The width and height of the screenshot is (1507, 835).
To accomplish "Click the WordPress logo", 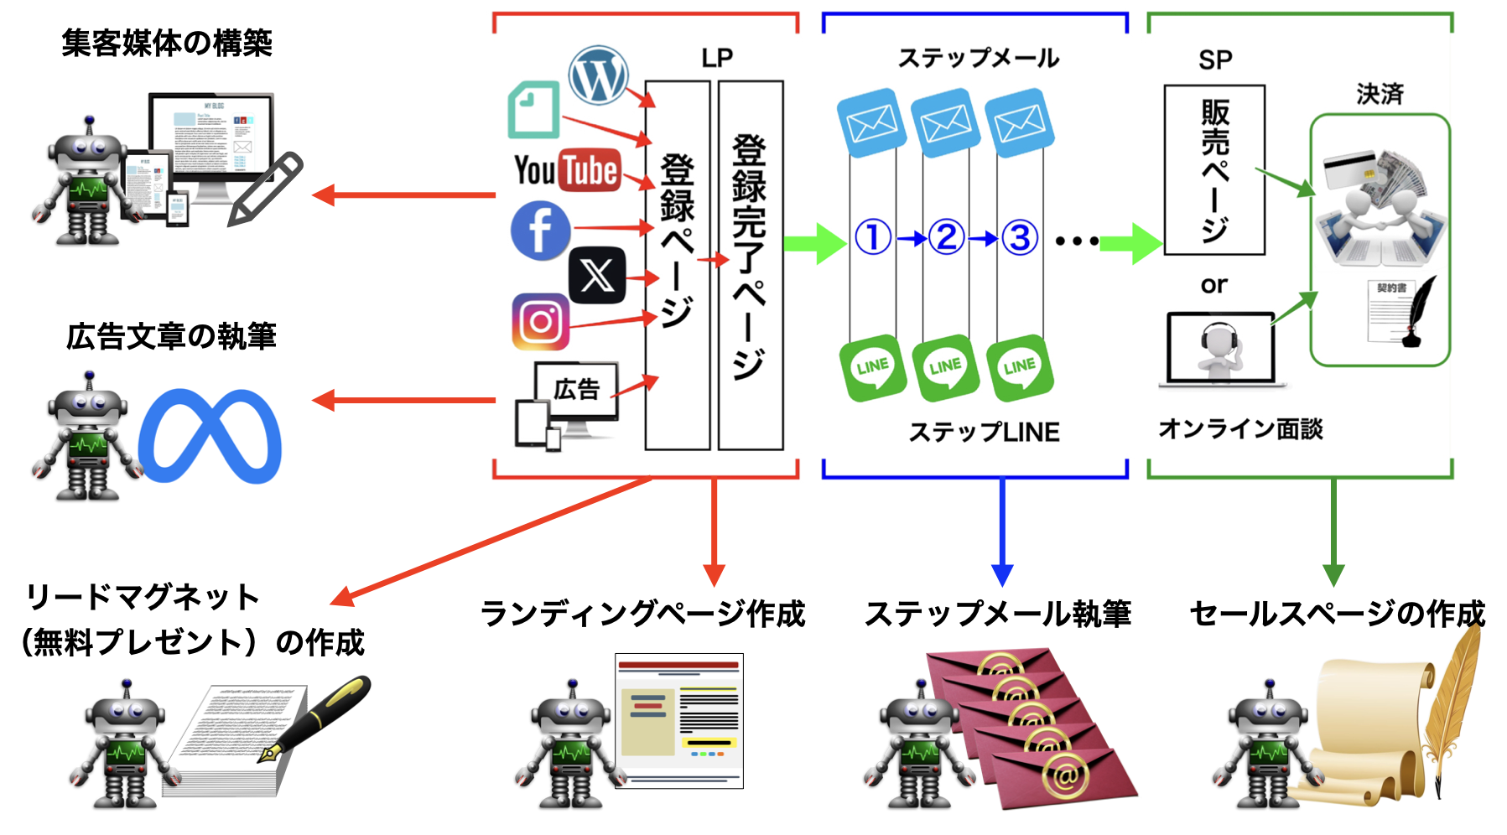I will point(598,75).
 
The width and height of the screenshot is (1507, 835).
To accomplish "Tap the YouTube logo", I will point(567,170).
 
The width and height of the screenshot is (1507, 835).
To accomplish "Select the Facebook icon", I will point(541,230).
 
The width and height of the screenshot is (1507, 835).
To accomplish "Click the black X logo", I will point(597,275).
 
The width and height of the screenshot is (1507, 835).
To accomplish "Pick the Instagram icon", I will point(541,321).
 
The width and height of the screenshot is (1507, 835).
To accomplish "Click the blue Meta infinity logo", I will point(210,436).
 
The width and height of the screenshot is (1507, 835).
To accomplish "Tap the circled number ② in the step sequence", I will point(946,238).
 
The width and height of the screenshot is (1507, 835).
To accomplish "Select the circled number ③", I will point(1020,238).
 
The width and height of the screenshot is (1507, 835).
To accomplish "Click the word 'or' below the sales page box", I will point(1213,286).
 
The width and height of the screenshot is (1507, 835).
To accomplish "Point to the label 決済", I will point(1380,94).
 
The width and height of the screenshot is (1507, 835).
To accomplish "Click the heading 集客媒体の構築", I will point(167,43).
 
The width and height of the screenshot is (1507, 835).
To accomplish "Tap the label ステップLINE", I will point(984,432).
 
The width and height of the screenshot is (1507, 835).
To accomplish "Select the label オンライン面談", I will point(1240,429).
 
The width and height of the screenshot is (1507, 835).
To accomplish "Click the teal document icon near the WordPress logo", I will point(534,109).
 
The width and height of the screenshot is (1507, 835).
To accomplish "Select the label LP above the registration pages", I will point(717,58).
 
